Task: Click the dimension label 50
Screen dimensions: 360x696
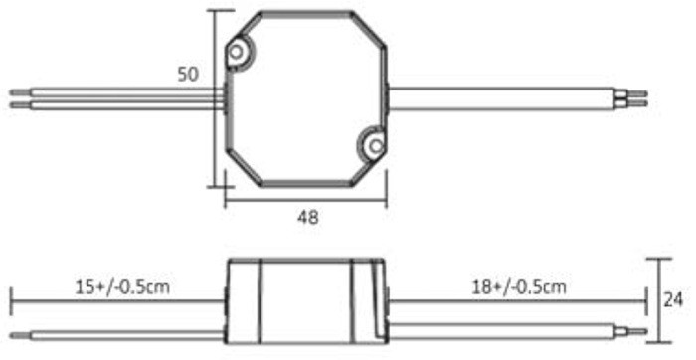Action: point(188,75)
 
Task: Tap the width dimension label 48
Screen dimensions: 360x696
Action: point(308,217)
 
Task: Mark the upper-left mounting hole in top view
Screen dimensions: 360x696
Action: point(238,53)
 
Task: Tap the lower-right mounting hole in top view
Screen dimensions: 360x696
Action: point(373,146)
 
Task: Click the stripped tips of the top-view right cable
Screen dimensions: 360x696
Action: point(633,97)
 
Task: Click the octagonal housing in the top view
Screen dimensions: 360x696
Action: point(306,99)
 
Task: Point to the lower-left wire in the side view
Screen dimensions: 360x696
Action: point(119,332)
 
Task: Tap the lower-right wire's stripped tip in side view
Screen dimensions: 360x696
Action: point(634,332)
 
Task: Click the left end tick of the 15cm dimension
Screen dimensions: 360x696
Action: point(11,298)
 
